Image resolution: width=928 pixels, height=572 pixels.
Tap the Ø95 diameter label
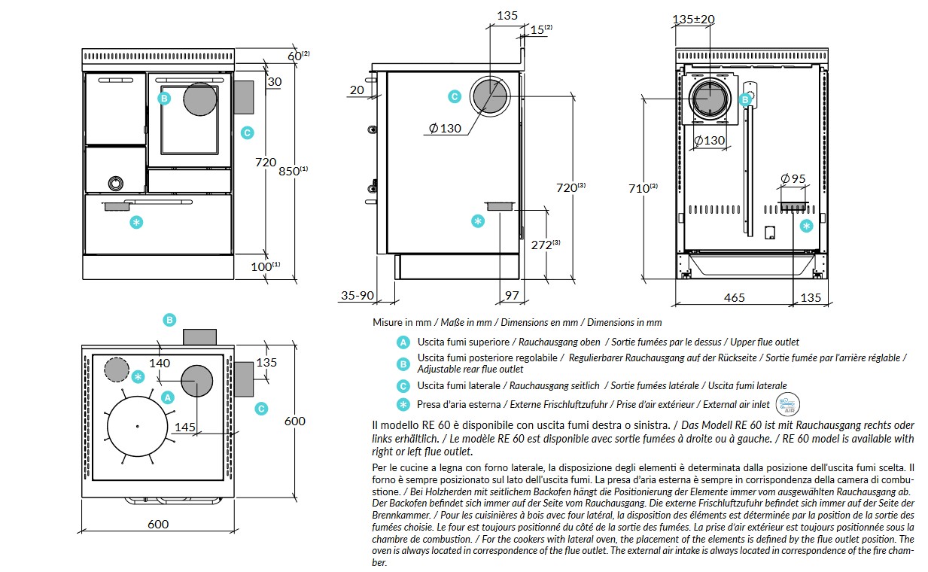click(793, 179)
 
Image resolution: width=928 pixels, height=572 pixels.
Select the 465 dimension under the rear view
click(734, 297)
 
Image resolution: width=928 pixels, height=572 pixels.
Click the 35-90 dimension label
click(357, 296)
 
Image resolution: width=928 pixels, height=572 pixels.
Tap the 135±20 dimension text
click(693, 19)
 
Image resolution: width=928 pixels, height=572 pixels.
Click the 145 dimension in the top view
click(185, 427)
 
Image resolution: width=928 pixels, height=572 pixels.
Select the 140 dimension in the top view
click(160, 363)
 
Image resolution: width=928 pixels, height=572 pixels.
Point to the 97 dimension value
click(512, 297)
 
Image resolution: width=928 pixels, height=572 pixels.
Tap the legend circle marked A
click(403, 342)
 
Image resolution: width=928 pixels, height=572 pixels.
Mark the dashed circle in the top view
click(117, 370)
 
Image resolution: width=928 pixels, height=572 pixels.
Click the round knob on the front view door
click(117, 183)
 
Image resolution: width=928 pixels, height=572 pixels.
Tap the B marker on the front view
click(163, 98)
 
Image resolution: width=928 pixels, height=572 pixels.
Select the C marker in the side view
click(454, 96)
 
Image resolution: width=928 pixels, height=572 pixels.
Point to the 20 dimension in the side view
click(357, 90)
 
